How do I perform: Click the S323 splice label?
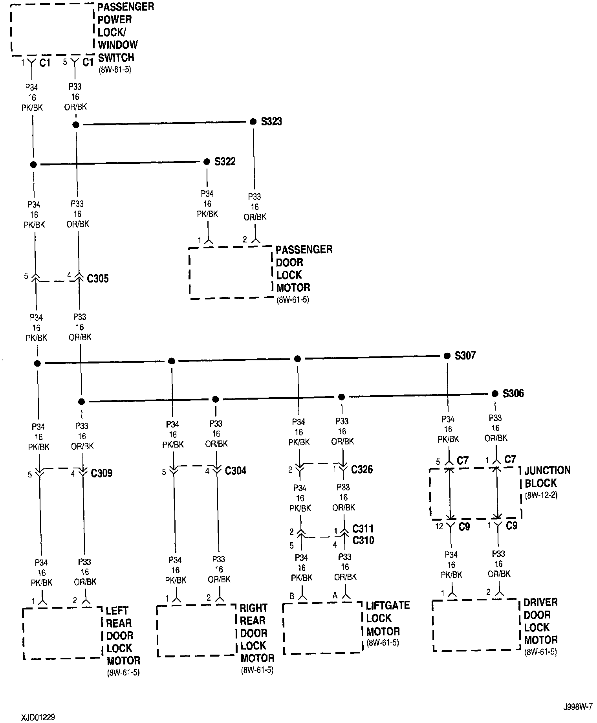pyautogui.click(x=271, y=121)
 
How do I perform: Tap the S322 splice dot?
pyautogui.click(x=207, y=162)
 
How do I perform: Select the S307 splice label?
pyautogui.click(x=465, y=356)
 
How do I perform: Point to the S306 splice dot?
pyautogui.click(x=495, y=393)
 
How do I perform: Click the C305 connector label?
pyautogui.click(x=98, y=279)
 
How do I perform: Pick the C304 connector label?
pyautogui.click(x=235, y=470)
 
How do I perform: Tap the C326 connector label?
pyautogui.click(x=362, y=469)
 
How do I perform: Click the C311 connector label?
pyautogui.click(x=363, y=528)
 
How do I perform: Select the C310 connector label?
pyautogui.click(x=363, y=540)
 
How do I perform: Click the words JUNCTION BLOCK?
pyautogui.click(x=547, y=477)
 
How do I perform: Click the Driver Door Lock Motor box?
pyautogui.click(x=476, y=625)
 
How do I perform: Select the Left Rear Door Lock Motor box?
pyautogui.click(x=62, y=633)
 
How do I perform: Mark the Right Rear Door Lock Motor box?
pyautogui.click(x=196, y=631)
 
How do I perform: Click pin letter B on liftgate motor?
pyautogui.click(x=292, y=596)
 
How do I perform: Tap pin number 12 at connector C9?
pyautogui.click(x=439, y=526)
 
